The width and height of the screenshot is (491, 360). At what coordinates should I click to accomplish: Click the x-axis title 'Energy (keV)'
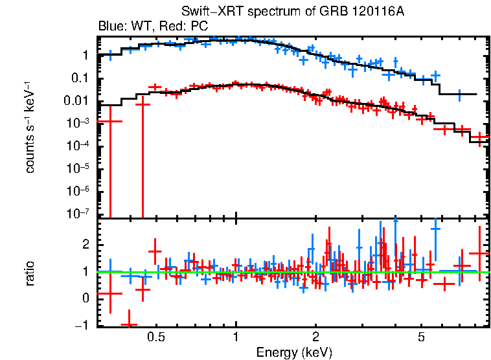click(294, 352)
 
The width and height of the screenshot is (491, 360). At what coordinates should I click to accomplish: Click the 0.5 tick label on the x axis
click(155, 337)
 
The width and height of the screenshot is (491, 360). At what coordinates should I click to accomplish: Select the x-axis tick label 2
click(315, 337)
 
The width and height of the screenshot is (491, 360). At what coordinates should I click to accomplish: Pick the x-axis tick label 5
click(421, 337)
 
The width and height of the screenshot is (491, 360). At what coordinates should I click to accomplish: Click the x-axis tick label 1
click(236, 337)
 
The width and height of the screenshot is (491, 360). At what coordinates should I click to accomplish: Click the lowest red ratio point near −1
click(129, 324)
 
